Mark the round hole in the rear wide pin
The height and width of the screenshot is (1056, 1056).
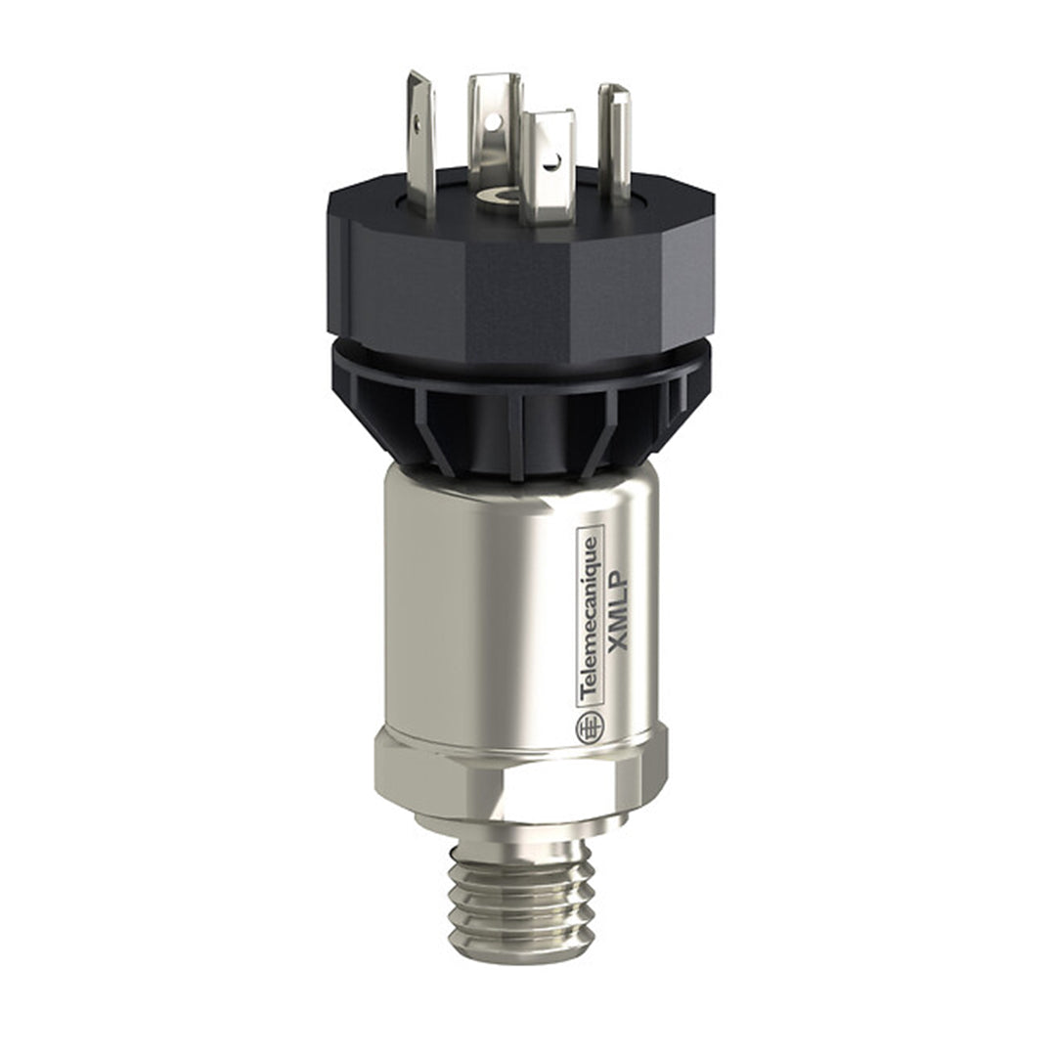tap(494, 121)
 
